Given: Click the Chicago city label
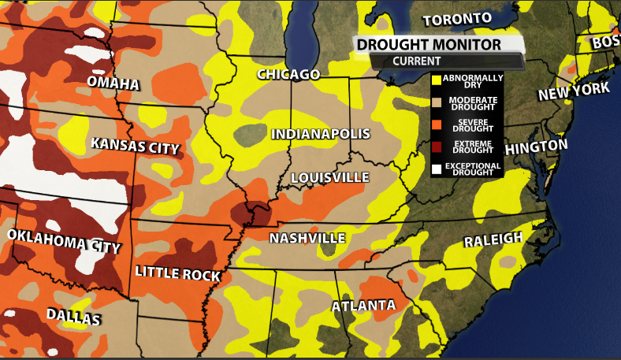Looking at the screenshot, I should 288,75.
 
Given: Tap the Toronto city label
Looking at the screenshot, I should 457,19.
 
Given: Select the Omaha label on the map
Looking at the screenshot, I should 113,84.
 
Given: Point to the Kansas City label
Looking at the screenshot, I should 136,147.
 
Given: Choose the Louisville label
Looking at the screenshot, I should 329,177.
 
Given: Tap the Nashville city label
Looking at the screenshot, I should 307,238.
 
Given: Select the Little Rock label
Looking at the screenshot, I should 177,273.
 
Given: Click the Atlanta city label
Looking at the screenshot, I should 363,306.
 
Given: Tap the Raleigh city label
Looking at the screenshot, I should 493,240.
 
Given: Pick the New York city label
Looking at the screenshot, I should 574,92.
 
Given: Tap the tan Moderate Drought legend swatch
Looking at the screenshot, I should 435,102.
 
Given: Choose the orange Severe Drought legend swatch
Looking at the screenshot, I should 435,124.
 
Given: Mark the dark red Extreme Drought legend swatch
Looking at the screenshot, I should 435,146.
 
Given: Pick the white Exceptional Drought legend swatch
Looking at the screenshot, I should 435,168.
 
